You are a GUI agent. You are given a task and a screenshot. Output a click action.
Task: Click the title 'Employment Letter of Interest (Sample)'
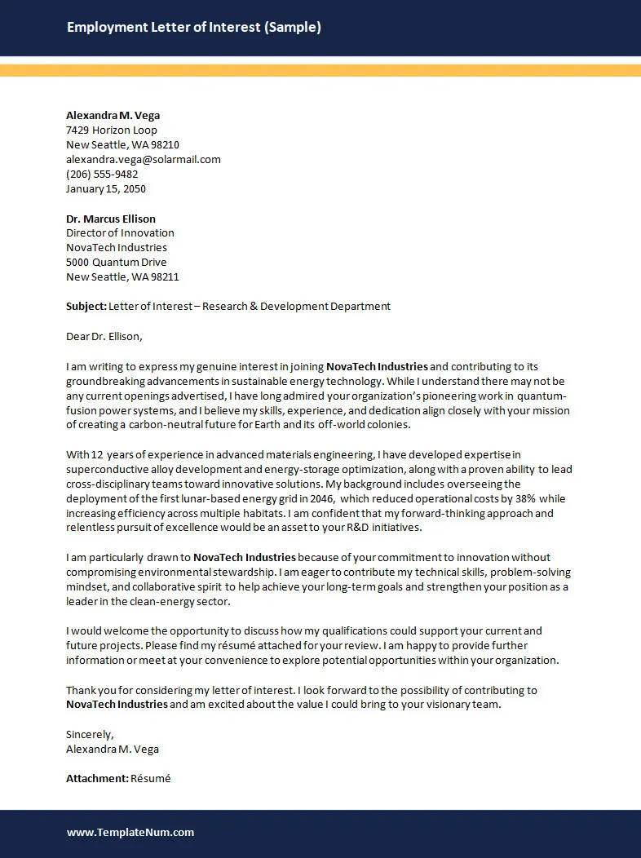click(x=193, y=28)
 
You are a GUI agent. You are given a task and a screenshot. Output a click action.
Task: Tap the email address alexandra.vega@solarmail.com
click(x=143, y=160)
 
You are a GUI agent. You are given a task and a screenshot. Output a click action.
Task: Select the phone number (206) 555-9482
click(x=102, y=175)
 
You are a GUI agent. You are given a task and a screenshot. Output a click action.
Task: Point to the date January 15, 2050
click(x=106, y=189)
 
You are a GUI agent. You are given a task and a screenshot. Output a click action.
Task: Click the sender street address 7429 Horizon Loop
click(x=112, y=130)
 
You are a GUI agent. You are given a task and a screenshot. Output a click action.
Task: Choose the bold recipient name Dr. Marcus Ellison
click(x=111, y=219)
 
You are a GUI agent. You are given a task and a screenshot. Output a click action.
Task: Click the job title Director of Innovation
click(x=120, y=233)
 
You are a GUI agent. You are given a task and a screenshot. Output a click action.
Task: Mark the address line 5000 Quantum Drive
click(x=116, y=263)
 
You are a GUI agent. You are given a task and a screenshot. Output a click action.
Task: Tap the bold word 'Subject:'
click(x=86, y=307)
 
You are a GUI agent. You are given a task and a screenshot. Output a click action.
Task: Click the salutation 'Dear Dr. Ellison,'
click(x=104, y=336)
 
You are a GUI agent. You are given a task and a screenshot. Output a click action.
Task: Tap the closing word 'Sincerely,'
click(x=90, y=735)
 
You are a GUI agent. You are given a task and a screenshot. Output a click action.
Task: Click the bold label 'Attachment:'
click(x=97, y=779)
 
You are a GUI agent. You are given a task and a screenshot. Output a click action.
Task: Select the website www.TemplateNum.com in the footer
click(x=130, y=833)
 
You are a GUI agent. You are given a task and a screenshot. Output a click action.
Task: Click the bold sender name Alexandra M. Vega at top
click(x=113, y=116)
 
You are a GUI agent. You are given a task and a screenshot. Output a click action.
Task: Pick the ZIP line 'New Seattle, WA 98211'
click(x=122, y=277)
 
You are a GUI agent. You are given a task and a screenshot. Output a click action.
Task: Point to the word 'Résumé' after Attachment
click(x=151, y=779)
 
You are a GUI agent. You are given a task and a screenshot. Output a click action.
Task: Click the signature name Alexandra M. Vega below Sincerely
click(x=113, y=750)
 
